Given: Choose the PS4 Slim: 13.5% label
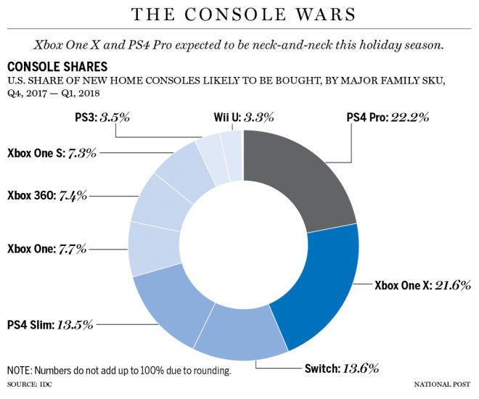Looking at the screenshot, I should click(50, 324).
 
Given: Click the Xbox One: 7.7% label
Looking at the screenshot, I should click(46, 248).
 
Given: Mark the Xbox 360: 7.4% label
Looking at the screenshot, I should click(47, 196).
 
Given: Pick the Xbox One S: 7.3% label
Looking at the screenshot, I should click(52, 153).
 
